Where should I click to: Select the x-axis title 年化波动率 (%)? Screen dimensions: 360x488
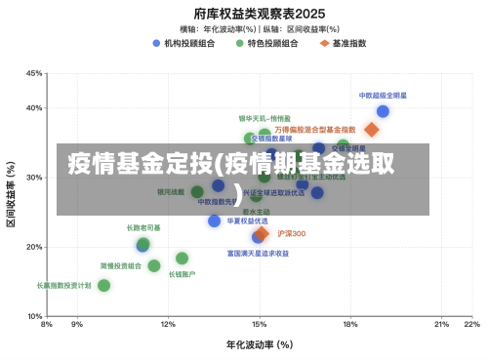pyautogui.click(x=260, y=344)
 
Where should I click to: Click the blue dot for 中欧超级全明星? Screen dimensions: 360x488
pyautogui.click(x=383, y=111)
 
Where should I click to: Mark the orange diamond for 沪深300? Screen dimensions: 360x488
pyautogui.click(x=262, y=234)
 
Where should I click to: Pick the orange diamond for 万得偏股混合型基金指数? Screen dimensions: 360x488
pyautogui.click(x=371, y=130)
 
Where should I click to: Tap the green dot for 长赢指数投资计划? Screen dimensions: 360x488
pyautogui.click(x=103, y=286)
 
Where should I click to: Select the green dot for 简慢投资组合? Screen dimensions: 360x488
pyautogui.click(x=154, y=265)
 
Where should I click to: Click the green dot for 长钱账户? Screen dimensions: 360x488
pyautogui.click(x=182, y=259)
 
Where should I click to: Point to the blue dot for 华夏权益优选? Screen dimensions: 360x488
pyautogui.click(x=215, y=221)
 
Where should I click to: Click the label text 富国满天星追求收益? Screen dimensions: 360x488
pyautogui.click(x=258, y=253)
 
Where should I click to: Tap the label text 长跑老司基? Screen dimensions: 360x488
pyautogui.click(x=143, y=227)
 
